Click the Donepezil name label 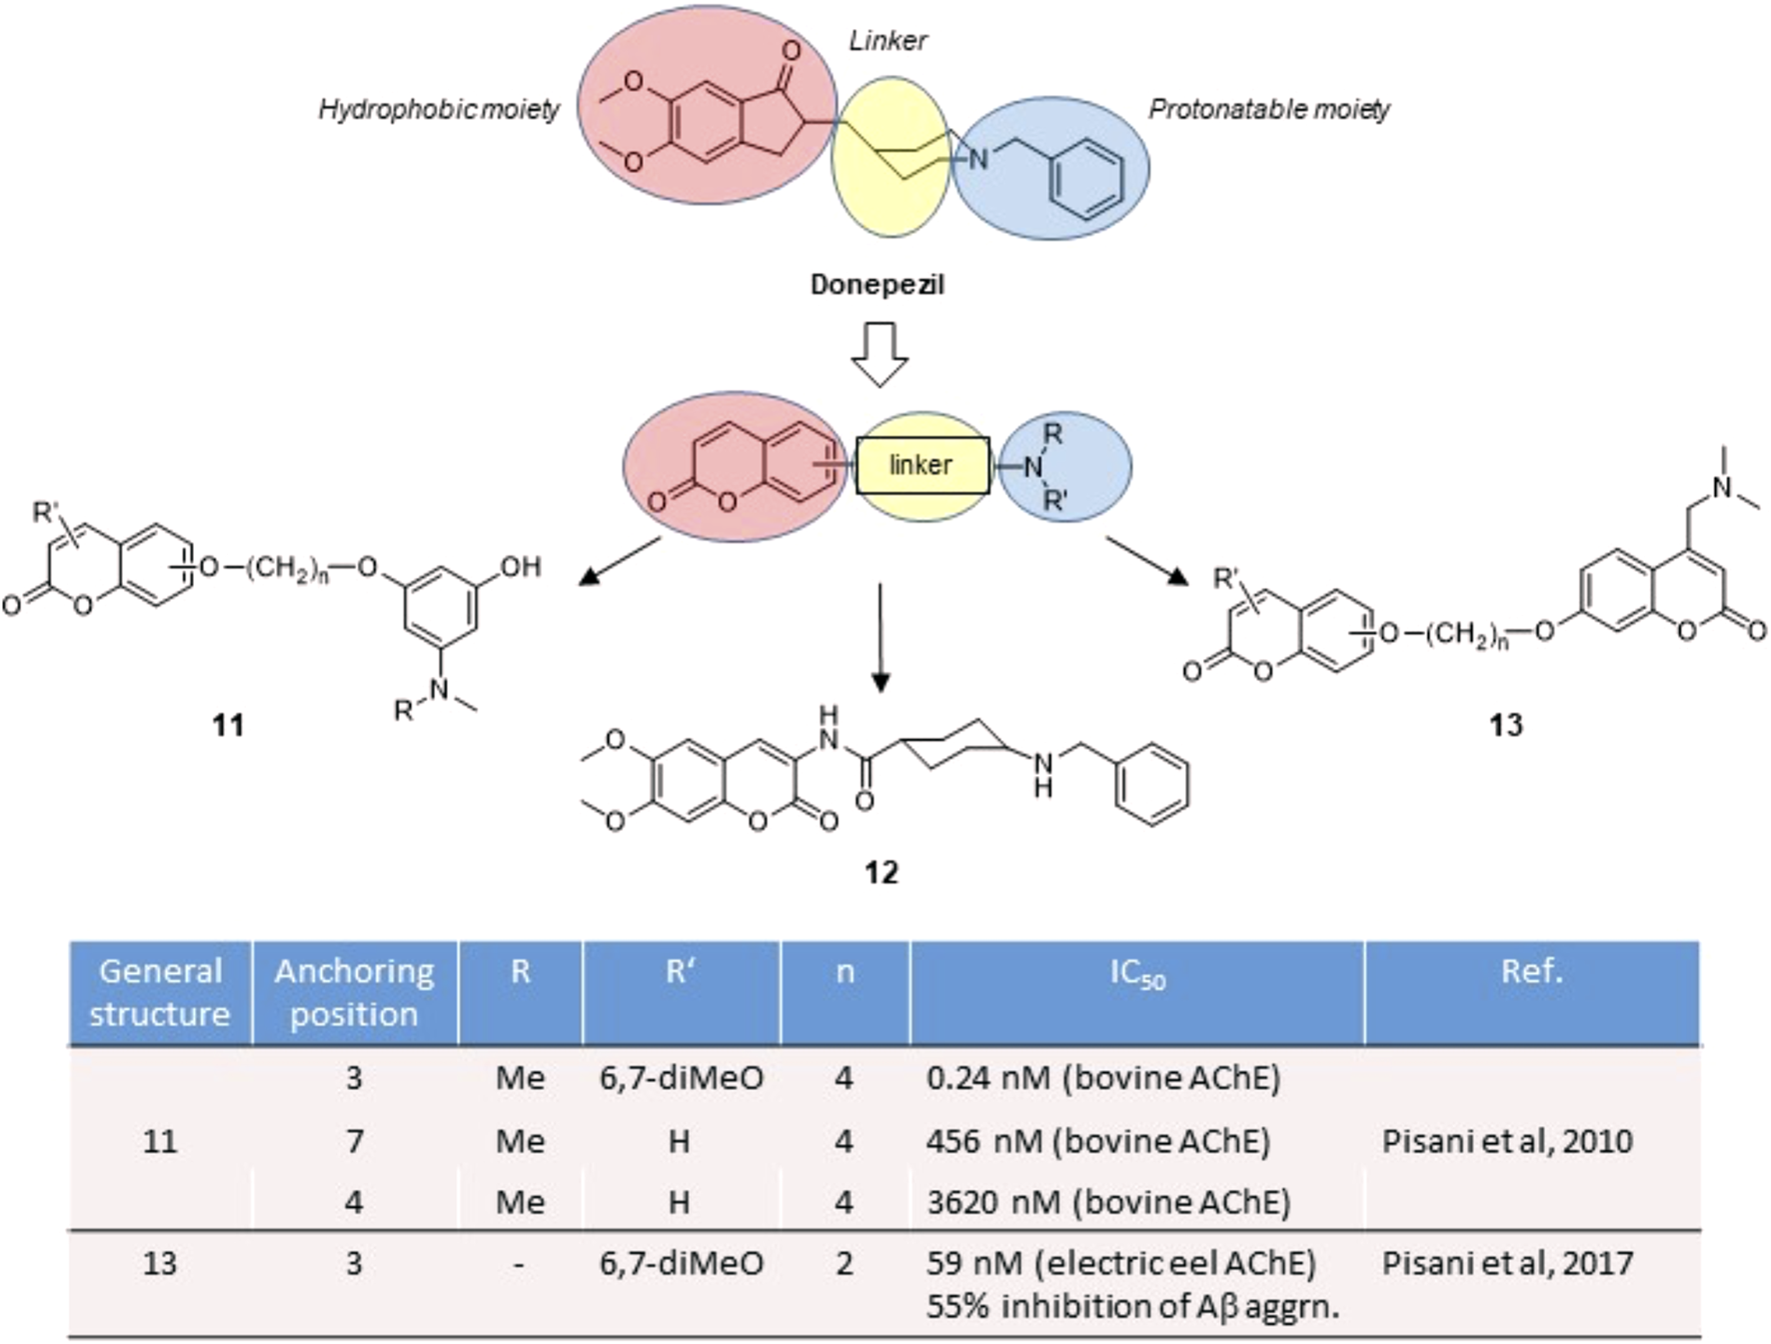pyautogui.click(x=877, y=285)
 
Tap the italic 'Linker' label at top pyautogui.click(x=887, y=41)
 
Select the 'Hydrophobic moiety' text pyautogui.click(x=439, y=109)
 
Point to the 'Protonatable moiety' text pyautogui.click(x=1268, y=109)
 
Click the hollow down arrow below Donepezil pyautogui.click(x=879, y=354)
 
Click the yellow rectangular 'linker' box pyautogui.click(x=922, y=465)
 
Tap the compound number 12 pyautogui.click(x=881, y=873)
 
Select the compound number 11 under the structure pyautogui.click(x=228, y=725)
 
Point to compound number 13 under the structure pyautogui.click(x=1505, y=725)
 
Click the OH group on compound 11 pyautogui.click(x=520, y=567)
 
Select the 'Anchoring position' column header pyautogui.click(x=354, y=992)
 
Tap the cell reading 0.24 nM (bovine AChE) pyautogui.click(x=1103, y=1078)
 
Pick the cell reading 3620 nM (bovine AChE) pyautogui.click(x=1108, y=1201)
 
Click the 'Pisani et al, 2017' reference pyautogui.click(x=1507, y=1263)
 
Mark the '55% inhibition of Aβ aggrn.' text pyautogui.click(x=1132, y=1306)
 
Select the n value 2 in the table pyautogui.click(x=845, y=1263)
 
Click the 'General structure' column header pyautogui.click(x=160, y=992)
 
